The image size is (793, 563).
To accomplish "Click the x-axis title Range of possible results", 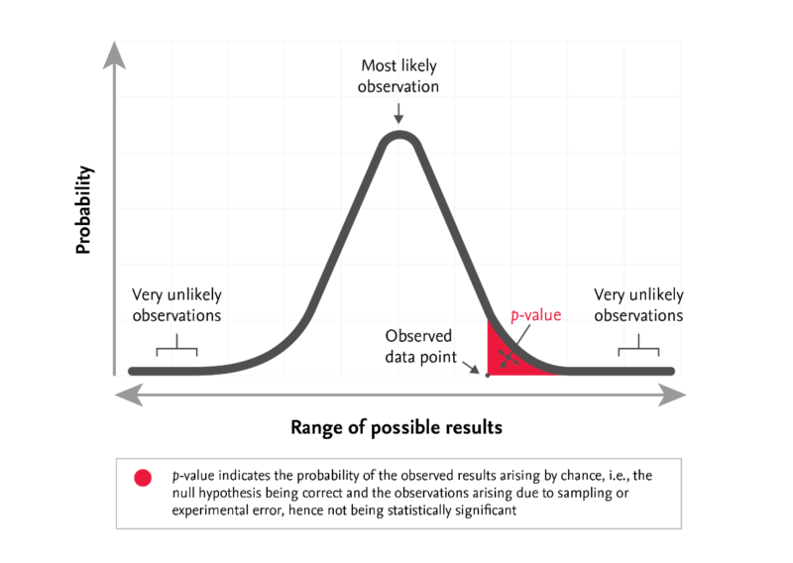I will [x=396, y=427].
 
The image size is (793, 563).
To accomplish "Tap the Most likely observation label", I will [x=398, y=77].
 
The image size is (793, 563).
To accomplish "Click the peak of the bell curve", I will [x=398, y=134].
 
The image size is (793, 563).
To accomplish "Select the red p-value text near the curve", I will [x=535, y=315].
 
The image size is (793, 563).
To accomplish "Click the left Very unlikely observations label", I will [x=177, y=305].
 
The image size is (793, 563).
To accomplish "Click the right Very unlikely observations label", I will [x=638, y=305].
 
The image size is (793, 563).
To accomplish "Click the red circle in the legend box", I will [x=143, y=478].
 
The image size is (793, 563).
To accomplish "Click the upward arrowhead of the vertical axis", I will [x=118, y=56].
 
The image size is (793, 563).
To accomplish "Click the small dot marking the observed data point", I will [x=487, y=376].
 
